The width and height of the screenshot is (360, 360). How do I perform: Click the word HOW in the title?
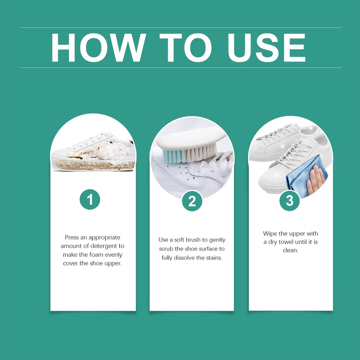pyautogui.click(x=98, y=48)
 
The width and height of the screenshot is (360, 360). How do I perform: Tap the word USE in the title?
pyautogui.click(x=266, y=48)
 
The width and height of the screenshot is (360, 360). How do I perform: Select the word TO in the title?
pyautogui.click(x=186, y=48)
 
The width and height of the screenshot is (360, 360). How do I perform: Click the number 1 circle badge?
pyautogui.click(x=90, y=199)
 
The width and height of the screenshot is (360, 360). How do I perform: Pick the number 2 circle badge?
pyautogui.click(x=192, y=201)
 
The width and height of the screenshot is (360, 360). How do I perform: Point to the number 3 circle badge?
pyautogui.click(x=290, y=201)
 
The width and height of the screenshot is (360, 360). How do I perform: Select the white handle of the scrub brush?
pyautogui.click(x=191, y=140)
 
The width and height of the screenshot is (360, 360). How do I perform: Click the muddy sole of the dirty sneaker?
pyautogui.click(x=94, y=165)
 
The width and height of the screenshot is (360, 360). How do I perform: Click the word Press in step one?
pyautogui.click(x=72, y=237)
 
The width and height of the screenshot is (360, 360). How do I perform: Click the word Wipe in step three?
pyautogui.click(x=270, y=234)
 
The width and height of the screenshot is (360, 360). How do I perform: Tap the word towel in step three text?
pyautogui.click(x=286, y=242)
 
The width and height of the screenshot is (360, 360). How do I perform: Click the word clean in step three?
pyautogui.click(x=290, y=250)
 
